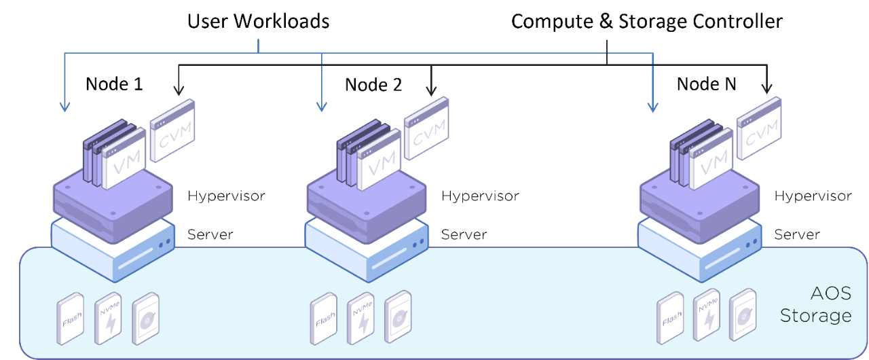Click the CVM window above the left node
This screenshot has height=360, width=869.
172,130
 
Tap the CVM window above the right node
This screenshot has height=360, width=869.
759,128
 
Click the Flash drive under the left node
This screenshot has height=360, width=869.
71,318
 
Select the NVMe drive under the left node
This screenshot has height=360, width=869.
108,317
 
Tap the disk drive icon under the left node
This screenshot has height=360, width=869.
145,317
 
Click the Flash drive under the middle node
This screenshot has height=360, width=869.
324,318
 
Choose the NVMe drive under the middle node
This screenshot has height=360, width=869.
360,317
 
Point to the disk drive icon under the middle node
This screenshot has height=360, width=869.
398,317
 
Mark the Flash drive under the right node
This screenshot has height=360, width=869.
670,318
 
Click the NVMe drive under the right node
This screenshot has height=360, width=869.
707,317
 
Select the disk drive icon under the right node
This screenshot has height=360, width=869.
743,317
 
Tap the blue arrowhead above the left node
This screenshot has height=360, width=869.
64,106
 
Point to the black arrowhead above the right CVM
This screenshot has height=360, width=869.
767,89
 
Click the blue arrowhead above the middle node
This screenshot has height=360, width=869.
322,106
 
